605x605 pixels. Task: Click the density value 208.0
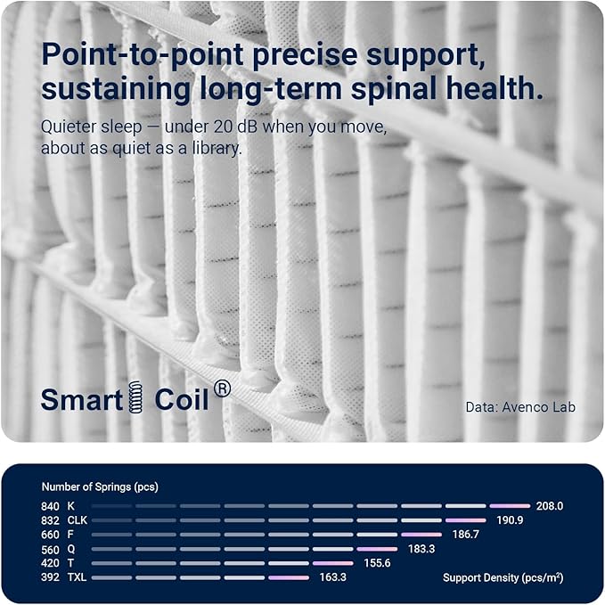click(550, 506)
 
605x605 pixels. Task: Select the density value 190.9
click(510, 520)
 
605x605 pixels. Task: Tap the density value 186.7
click(465, 535)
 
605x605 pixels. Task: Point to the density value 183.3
click(421, 549)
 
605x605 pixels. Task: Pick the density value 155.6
click(377, 563)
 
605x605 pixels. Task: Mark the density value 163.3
click(333, 577)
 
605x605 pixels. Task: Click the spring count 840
click(50, 506)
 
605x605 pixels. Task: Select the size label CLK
click(78, 520)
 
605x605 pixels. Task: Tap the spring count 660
click(50, 535)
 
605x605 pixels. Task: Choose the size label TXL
click(77, 577)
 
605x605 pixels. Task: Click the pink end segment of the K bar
click(510, 506)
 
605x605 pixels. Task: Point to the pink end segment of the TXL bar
click(289, 577)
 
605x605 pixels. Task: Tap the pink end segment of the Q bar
click(377, 549)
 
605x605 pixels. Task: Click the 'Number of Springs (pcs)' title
click(100, 486)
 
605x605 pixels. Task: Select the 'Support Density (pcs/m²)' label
click(503, 577)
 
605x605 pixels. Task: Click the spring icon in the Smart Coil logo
click(135, 397)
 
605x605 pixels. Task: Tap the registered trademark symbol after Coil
click(222, 388)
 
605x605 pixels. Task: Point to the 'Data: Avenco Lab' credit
click(520, 407)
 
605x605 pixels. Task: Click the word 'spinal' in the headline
click(394, 89)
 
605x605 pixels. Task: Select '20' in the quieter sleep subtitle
click(222, 127)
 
